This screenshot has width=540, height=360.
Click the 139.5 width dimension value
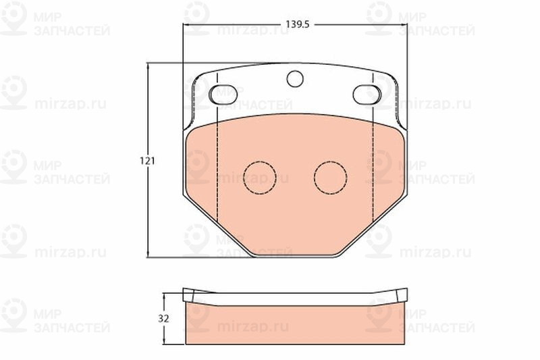coord(298,24)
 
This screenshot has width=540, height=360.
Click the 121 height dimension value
coord(147,161)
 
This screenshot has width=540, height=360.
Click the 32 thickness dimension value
coord(163,319)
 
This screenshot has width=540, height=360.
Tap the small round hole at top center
coord(295,78)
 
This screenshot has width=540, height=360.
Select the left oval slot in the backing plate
coord(223,94)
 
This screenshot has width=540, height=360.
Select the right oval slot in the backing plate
coord(367,94)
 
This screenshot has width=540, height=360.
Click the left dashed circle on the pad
coord(260,177)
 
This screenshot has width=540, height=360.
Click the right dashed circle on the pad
coord(331,177)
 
